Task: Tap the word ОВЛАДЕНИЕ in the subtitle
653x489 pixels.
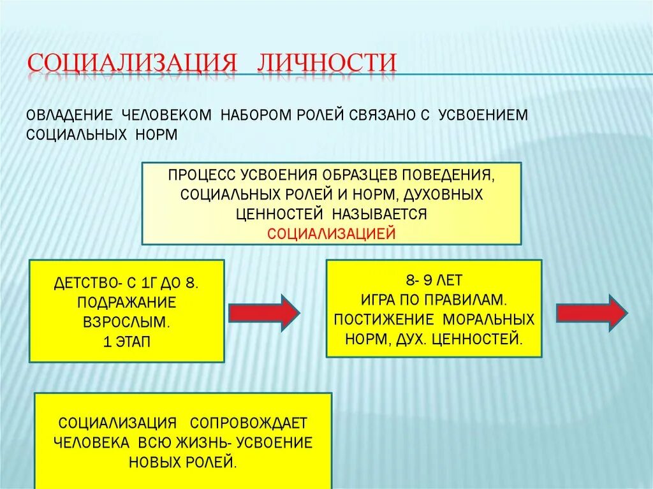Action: [x=66, y=115]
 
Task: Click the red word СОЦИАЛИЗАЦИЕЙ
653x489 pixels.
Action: [x=332, y=233]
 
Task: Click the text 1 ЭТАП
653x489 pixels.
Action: [x=126, y=341]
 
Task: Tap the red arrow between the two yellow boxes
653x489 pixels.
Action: [x=264, y=312]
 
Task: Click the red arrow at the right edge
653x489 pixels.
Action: [x=591, y=312]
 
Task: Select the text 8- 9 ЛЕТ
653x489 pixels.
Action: [x=434, y=280]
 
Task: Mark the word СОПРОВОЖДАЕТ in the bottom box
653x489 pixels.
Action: [x=249, y=423]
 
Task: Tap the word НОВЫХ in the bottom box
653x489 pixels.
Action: [x=153, y=463]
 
